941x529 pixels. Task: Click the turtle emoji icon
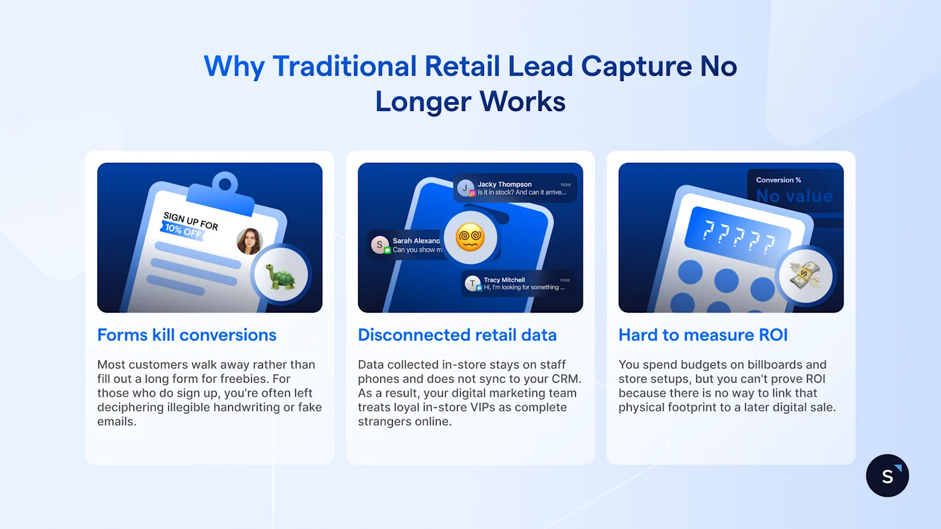coord(281,276)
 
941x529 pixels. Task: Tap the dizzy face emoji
coord(470,237)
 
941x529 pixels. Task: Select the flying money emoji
coord(805,275)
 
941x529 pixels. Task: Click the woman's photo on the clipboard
coord(249,241)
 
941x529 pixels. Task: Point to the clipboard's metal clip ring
coord(225,184)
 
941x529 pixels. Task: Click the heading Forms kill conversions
coord(186,335)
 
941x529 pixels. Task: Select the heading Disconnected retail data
coord(457,335)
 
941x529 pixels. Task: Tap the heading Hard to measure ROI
coord(703,335)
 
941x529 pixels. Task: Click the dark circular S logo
coord(887,476)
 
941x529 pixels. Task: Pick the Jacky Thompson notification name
coord(504,185)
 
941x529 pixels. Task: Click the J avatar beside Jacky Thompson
coord(465,188)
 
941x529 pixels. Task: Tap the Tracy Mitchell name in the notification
coord(504,280)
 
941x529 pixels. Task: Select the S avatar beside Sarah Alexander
coord(379,245)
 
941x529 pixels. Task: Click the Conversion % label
coord(778,180)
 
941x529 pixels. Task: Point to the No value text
coord(794,196)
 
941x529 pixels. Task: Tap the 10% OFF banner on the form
coord(183,230)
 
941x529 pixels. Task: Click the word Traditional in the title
coord(345,66)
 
